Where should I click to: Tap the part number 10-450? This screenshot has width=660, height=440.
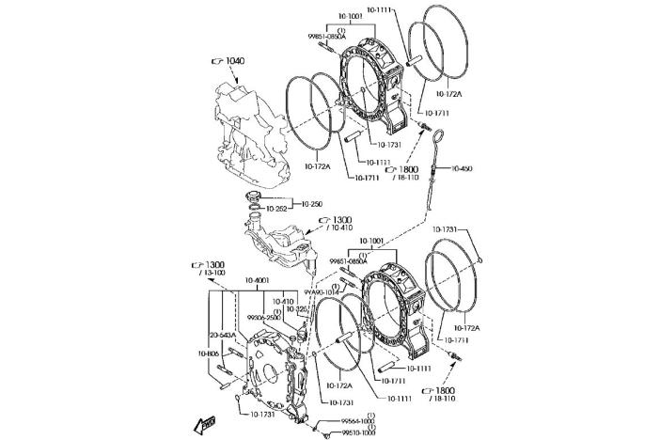point(462,168)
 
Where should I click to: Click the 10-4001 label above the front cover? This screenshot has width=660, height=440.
point(257,281)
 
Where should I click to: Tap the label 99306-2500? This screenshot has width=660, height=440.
point(264,318)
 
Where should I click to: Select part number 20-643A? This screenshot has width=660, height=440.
point(222,334)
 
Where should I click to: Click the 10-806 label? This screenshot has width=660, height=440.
point(209,353)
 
